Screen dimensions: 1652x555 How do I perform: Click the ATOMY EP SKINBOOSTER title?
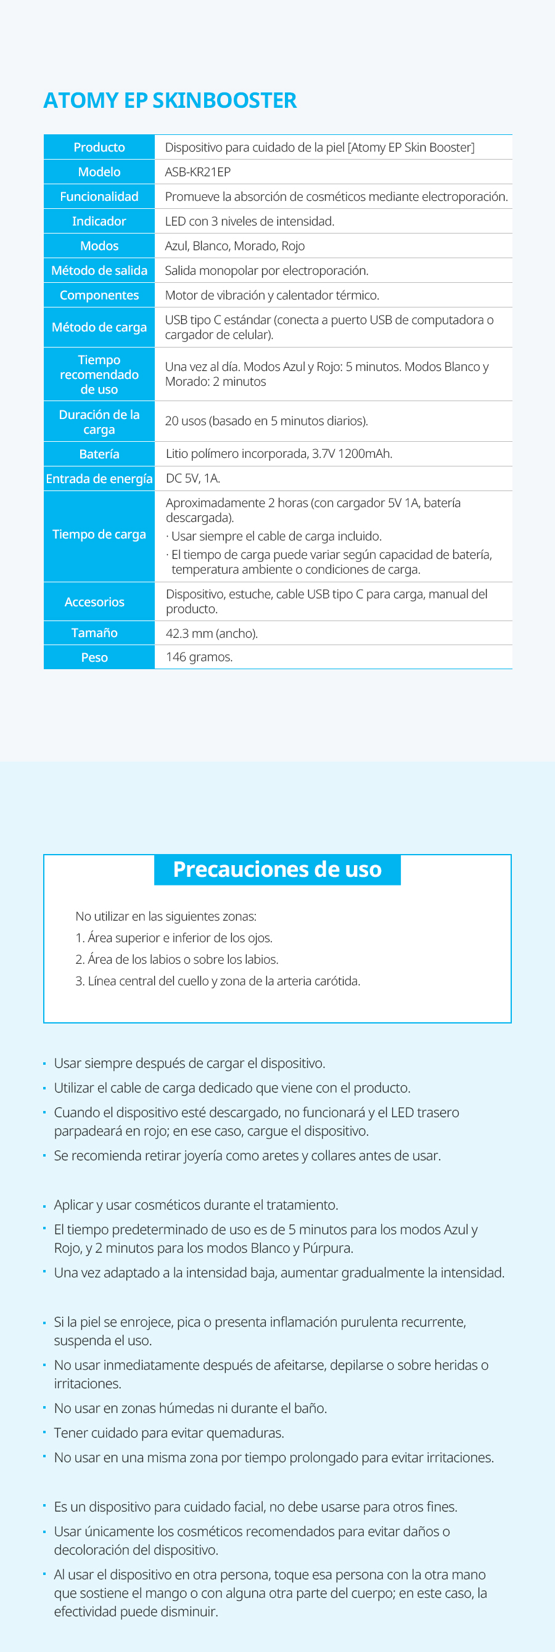click(x=170, y=100)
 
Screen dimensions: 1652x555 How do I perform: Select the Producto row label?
click(x=99, y=147)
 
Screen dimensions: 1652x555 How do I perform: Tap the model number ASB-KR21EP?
click(x=197, y=172)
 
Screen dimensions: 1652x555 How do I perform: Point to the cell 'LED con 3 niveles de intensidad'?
click(x=250, y=221)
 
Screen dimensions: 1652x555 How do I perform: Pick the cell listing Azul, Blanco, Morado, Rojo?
click(x=235, y=246)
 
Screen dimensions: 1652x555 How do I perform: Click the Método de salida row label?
click(x=99, y=271)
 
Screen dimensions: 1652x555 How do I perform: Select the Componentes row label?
click(x=99, y=296)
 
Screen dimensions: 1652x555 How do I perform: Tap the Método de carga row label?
click(x=99, y=328)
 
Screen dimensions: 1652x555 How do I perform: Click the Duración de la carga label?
click(x=99, y=422)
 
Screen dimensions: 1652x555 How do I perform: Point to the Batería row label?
click(x=99, y=454)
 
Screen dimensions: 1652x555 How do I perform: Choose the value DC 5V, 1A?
click(x=192, y=478)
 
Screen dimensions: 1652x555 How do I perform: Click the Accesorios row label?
click(x=94, y=602)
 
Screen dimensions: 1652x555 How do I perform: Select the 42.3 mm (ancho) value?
click(x=212, y=633)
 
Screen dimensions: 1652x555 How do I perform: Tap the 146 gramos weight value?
click(x=199, y=657)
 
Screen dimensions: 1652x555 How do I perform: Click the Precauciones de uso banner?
click(x=277, y=869)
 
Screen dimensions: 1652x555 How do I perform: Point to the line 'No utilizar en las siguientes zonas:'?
click(x=165, y=916)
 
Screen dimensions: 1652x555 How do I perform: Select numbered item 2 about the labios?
click(x=177, y=959)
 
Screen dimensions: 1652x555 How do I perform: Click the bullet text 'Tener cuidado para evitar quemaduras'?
click(x=169, y=1433)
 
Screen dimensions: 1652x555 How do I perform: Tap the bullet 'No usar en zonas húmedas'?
click(x=190, y=1409)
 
